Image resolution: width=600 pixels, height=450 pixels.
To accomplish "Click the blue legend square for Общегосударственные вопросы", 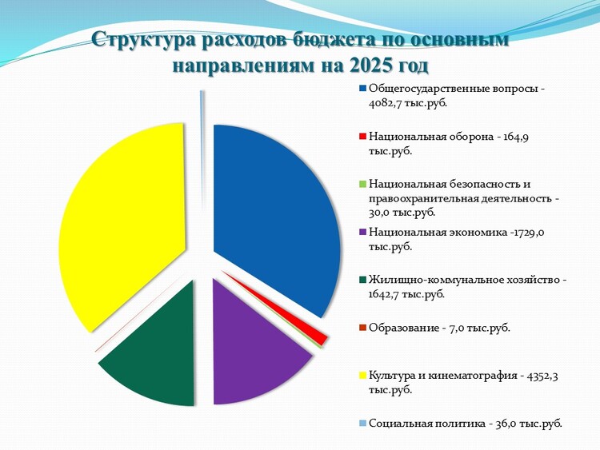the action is [x=362, y=89].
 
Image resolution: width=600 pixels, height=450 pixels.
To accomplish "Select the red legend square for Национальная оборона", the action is [x=362, y=137].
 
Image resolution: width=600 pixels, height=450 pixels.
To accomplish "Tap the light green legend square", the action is [x=362, y=185].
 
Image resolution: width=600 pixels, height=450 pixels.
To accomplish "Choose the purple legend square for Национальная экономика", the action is [x=362, y=232].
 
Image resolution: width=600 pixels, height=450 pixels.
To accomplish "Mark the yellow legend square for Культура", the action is [x=362, y=376].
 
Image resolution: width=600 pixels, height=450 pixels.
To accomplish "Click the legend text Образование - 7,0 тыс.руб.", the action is [x=440, y=328].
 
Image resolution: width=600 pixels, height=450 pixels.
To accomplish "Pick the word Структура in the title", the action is [x=144, y=41].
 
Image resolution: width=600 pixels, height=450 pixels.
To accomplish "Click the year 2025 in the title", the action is [x=370, y=66].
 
